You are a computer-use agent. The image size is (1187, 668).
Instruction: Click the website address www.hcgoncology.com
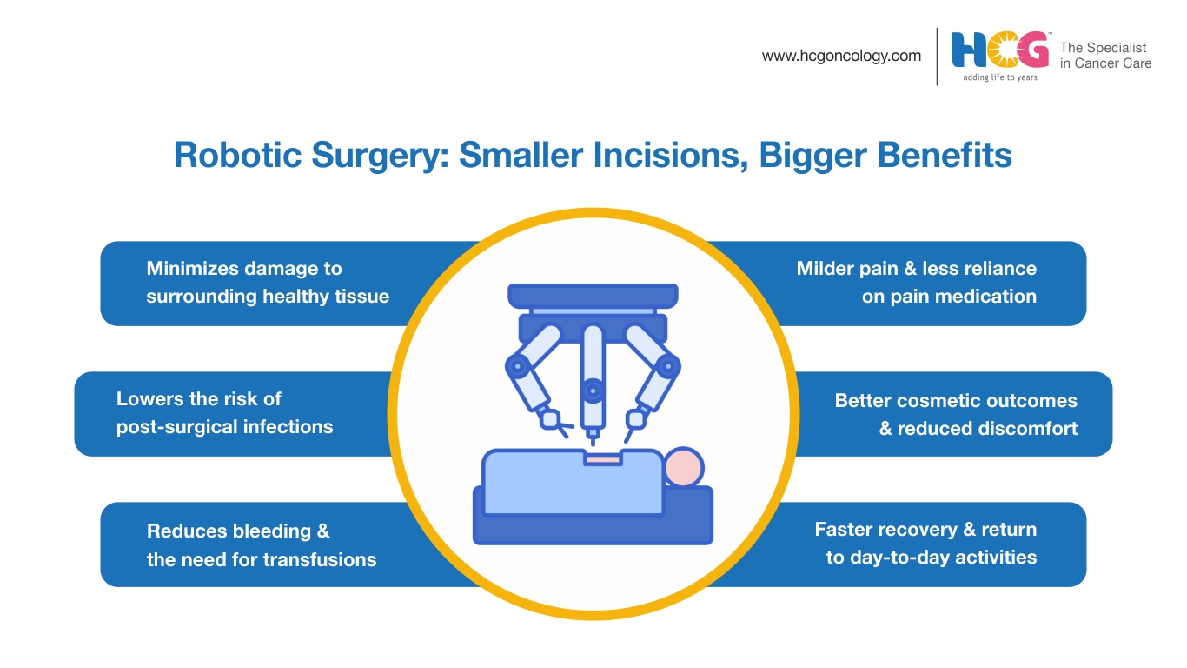point(841,57)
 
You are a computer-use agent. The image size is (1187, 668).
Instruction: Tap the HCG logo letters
point(1000,50)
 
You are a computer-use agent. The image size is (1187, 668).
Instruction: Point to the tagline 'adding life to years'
point(1000,77)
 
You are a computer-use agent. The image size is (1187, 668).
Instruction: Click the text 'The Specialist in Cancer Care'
point(1105,55)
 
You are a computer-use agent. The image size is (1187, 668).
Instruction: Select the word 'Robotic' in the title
point(238,155)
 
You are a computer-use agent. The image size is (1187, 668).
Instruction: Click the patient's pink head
point(683,467)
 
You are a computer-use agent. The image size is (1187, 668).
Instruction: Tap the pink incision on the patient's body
point(602,458)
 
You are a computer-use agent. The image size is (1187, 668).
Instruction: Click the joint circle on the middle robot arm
point(593,391)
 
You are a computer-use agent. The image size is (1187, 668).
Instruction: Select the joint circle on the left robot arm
point(518,366)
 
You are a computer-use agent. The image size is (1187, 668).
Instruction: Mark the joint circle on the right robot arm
point(668,366)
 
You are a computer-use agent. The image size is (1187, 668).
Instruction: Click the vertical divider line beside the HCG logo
point(937,57)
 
